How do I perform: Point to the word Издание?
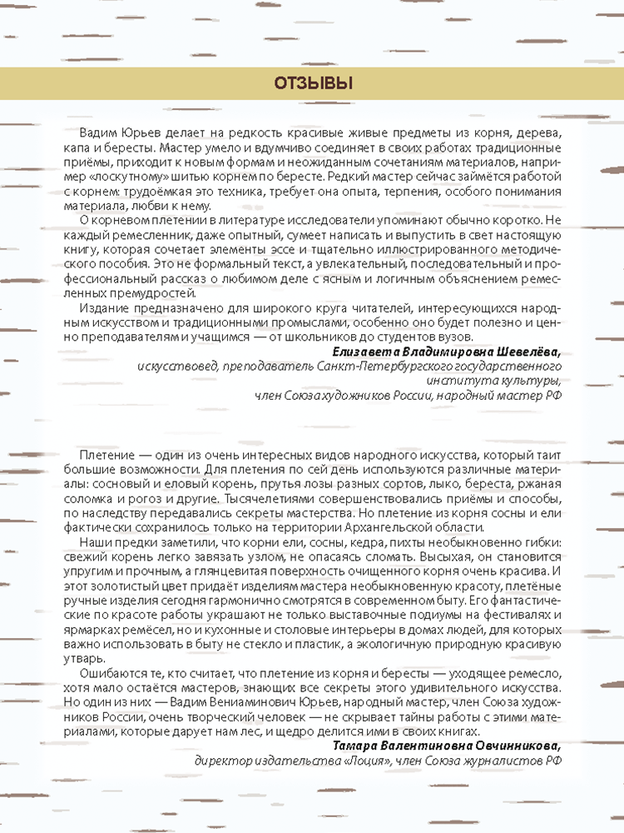click(x=104, y=307)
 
